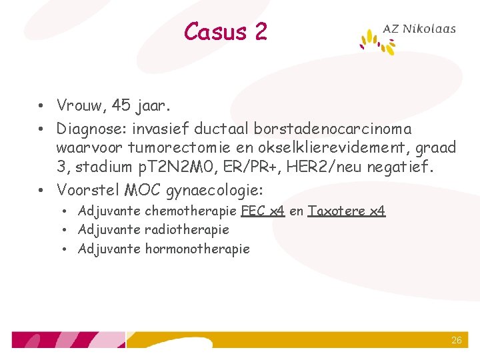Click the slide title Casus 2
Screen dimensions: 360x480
(225, 31)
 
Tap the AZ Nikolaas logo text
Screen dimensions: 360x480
(419, 29)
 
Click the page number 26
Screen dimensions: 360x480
(456, 340)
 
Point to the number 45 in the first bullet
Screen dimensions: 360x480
(121, 105)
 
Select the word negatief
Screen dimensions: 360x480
(403, 167)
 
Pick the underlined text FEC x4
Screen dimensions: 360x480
(263, 211)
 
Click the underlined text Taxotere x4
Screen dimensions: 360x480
(347, 211)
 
